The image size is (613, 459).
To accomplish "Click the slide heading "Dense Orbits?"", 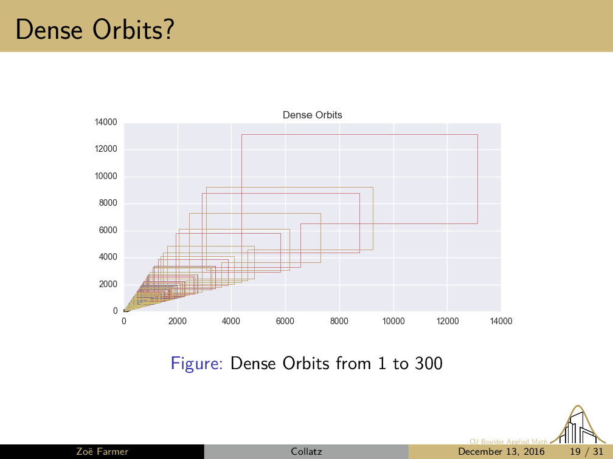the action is [95, 30].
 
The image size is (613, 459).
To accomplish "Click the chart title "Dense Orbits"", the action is [313, 115].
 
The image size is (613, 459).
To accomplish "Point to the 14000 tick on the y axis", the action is [106, 122].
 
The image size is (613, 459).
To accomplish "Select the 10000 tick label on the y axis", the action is [106, 176].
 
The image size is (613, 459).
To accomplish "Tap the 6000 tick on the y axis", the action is [108, 230].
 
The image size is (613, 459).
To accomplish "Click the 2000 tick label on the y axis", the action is [108, 284].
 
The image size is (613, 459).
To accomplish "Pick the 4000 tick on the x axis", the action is [231, 321].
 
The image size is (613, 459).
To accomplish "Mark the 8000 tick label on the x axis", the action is [339, 321].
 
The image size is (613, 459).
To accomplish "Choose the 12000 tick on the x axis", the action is [447, 321].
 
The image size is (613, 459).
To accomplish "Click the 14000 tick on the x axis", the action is [501, 321].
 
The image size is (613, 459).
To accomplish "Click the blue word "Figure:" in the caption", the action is [196, 363].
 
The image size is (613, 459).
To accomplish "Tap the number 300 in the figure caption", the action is [429, 363].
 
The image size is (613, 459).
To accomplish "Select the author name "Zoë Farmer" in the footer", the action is [102, 452].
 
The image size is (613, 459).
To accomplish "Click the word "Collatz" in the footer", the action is [306, 452].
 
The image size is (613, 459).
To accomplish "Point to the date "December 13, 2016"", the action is [501, 452].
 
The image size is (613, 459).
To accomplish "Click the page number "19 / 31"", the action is [587, 452].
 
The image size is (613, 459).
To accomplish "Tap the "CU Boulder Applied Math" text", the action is [508, 441].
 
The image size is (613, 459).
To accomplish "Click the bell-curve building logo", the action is [578, 424].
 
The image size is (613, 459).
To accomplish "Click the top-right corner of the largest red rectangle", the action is [478, 135].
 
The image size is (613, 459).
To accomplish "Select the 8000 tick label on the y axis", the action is [108, 203].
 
